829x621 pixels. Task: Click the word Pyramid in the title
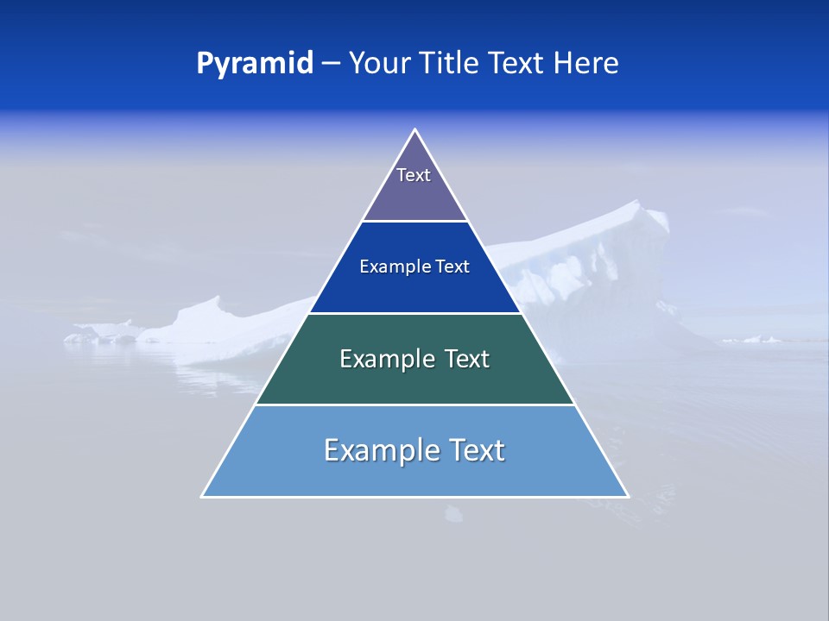click(x=255, y=64)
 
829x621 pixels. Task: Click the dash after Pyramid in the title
click(x=331, y=64)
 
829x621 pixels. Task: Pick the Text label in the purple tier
click(x=414, y=175)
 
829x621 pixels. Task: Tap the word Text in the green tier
click(x=465, y=359)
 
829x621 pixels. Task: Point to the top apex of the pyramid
click(x=415, y=130)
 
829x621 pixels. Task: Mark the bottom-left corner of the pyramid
click(x=203, y=496)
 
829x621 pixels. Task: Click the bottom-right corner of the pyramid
click(x=628, y=496)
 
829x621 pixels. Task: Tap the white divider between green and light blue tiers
click(x=415, y=405)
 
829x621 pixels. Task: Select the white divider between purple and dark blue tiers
click(x=415, y=221)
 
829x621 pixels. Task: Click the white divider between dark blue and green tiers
click(x=415, y=313)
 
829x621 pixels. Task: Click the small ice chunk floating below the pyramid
click(x=453, y=515)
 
